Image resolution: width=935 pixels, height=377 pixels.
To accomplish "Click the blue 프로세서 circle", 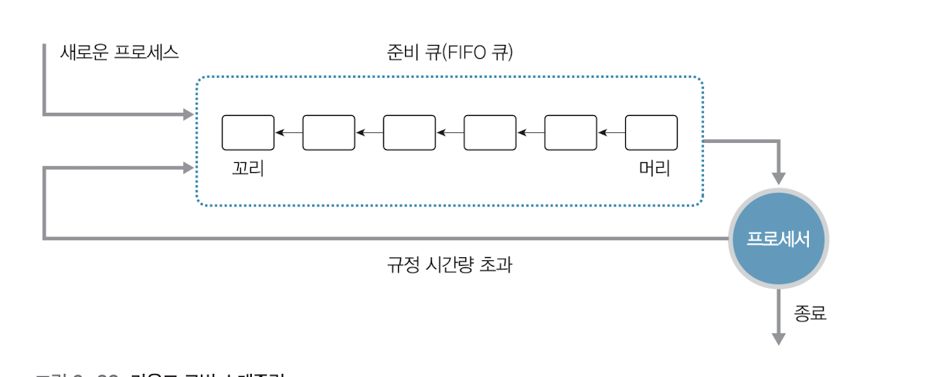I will coord(778,239).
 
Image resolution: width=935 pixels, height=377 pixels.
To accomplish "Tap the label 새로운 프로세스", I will coord(120,53).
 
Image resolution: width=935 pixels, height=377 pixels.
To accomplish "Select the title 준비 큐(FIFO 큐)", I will coord(450,53).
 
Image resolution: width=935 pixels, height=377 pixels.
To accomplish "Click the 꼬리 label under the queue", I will coord(247,168).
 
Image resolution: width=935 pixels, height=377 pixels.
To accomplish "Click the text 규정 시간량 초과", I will coord(450,266).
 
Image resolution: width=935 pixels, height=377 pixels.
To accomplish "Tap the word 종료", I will coord(810,314).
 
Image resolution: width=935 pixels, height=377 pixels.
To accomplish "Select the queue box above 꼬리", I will coord(248,132).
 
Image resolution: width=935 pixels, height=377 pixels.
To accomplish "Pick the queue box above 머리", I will coord(651,132).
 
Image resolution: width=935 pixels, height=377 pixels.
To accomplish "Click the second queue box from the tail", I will coord(328,132).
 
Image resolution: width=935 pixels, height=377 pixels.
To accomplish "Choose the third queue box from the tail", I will coord(410,132).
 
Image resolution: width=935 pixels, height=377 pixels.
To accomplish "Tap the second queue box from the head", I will coord(570,132).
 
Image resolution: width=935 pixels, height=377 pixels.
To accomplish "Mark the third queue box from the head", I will coord(490,132).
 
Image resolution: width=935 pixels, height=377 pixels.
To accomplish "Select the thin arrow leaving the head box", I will coord(610,133).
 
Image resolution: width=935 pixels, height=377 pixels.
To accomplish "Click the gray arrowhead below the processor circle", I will coord(779,338).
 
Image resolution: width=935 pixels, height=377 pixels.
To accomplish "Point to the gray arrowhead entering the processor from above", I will coord(779,178).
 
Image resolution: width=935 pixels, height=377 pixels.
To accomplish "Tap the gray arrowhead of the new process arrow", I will coord(188,115).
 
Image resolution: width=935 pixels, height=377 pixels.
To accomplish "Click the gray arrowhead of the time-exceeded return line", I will coord(188,168).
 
